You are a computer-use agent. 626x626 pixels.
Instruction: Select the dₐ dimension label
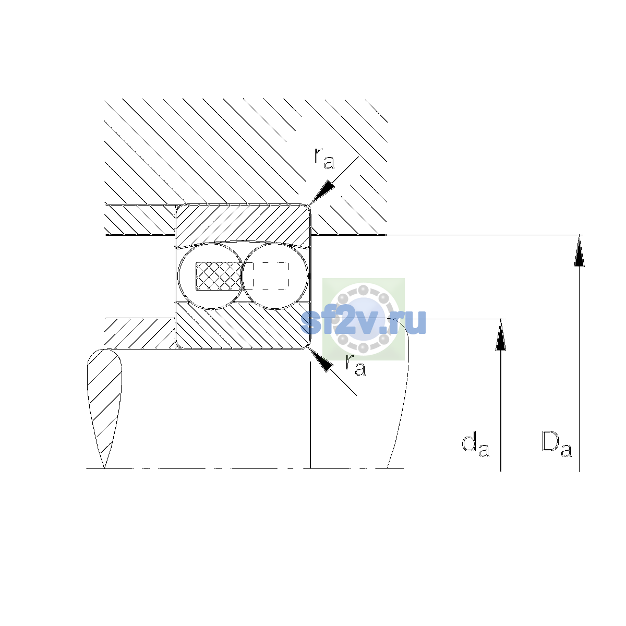(x=475, y=444)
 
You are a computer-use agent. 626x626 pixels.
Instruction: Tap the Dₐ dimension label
(x=557, y=443)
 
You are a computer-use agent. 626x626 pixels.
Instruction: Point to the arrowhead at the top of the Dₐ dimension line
(x=579, y=250)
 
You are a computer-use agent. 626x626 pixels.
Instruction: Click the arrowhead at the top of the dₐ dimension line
(x=501, y=334)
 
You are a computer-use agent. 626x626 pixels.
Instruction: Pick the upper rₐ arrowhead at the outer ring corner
(x=322, y=192)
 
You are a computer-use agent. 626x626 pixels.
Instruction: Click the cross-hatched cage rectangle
(x=219, y=276)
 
